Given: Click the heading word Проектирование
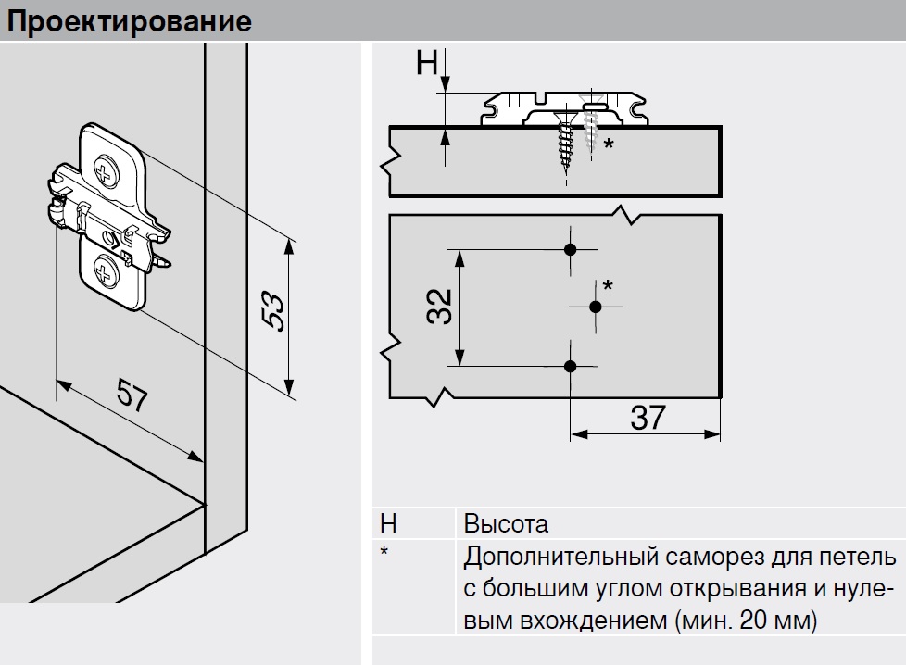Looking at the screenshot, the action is (130, 22).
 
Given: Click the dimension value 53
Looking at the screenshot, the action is (273, 312).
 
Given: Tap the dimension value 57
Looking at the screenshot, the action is (132, 395).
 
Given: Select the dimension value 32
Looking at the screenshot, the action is (439, 307).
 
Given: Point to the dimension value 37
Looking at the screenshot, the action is (648, 418).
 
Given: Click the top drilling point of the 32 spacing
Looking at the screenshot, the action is (571, 249).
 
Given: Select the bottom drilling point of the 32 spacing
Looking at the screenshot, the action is (571, 366).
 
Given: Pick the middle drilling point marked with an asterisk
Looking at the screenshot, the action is (596, 307).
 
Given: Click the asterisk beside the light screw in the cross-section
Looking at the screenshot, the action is (609, 144).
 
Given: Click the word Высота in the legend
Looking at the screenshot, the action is (506, 524).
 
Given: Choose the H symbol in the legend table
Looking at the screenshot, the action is (388, 524).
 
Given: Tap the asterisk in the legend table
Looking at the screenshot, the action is (384, 551).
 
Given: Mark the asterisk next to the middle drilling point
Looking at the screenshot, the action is (608, 284).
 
